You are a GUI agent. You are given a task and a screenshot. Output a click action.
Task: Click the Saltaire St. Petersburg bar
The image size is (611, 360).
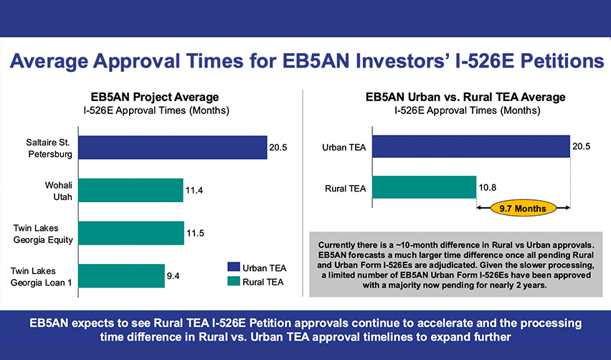pos(172,147)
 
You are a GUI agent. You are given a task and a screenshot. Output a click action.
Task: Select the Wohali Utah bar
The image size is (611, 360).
pos(131,190)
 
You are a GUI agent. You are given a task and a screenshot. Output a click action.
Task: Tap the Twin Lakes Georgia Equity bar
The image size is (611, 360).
pos(131,232)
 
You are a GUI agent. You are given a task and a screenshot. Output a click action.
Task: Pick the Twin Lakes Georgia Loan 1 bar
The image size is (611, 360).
pos(121,275)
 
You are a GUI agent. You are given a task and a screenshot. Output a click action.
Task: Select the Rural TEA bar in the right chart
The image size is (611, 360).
pos(424,188)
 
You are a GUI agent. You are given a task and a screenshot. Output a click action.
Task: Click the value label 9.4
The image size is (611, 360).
pos(174,276)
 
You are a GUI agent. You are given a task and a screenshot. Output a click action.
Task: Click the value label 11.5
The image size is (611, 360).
pos(196,233)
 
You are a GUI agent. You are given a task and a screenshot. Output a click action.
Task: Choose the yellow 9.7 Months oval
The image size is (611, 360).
pos(523,209)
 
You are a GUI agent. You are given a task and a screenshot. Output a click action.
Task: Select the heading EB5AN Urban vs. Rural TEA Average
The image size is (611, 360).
pos(465,97)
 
